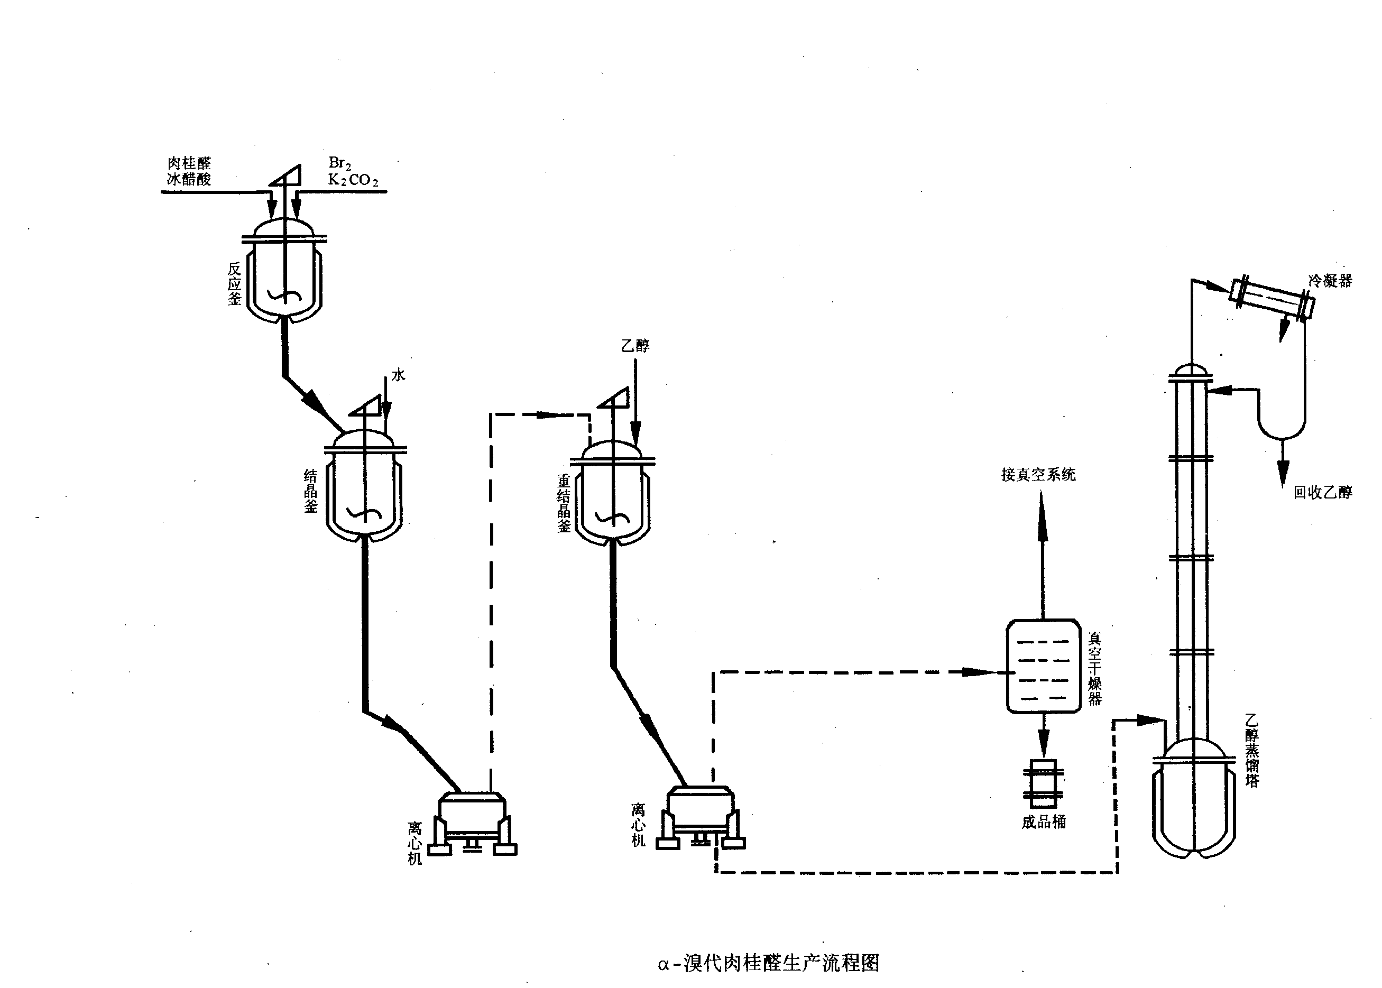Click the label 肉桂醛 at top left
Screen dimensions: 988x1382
click(189, 163)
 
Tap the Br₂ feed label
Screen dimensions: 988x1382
click(339, 162)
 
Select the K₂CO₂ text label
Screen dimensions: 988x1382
click(353, 180)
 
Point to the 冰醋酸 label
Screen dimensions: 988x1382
click(189, 179)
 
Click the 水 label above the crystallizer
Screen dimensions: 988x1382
click(398, 375)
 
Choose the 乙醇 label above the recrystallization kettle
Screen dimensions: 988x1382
click(635, 346)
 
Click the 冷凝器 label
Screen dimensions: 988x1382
click(1330, 281)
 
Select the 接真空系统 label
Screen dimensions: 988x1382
click(1038, 475)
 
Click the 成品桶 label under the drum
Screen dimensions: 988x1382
click(1043, 822)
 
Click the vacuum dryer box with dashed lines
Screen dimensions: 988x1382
click(1043, 666)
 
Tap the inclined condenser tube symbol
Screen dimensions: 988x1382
click(1272, 299)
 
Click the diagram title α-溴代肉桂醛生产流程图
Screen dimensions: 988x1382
click(768, 963)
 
